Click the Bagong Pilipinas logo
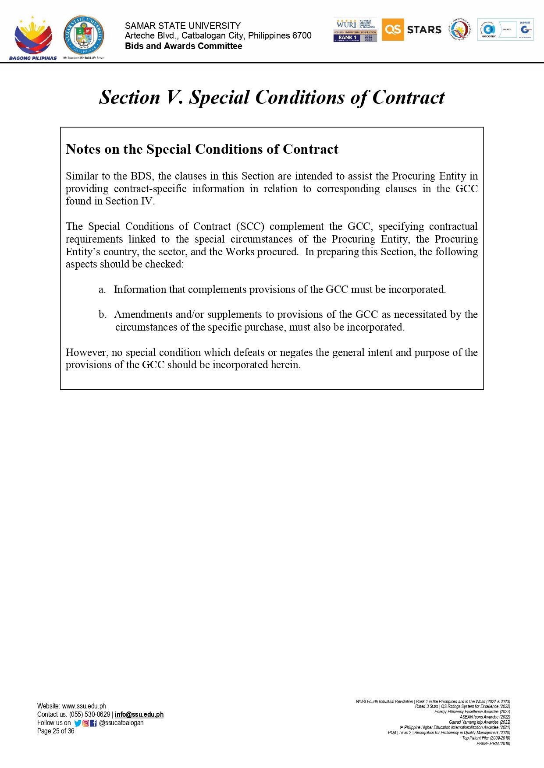(33, 39)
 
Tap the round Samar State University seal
(84, 36)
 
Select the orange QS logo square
(392, 30)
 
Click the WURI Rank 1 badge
(355, 30)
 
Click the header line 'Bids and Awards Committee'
(183, 46)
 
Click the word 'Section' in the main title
(130, 97)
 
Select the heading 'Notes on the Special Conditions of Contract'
(202, 149)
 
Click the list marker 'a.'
(102, 289)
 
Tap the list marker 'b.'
(103, 314)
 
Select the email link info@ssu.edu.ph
(139, 714)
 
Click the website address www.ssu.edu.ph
(84, 706)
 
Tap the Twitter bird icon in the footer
(78, 723)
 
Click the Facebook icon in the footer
(93, 723)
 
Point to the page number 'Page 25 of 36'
(56, 731)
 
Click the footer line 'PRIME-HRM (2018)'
(493, 743)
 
